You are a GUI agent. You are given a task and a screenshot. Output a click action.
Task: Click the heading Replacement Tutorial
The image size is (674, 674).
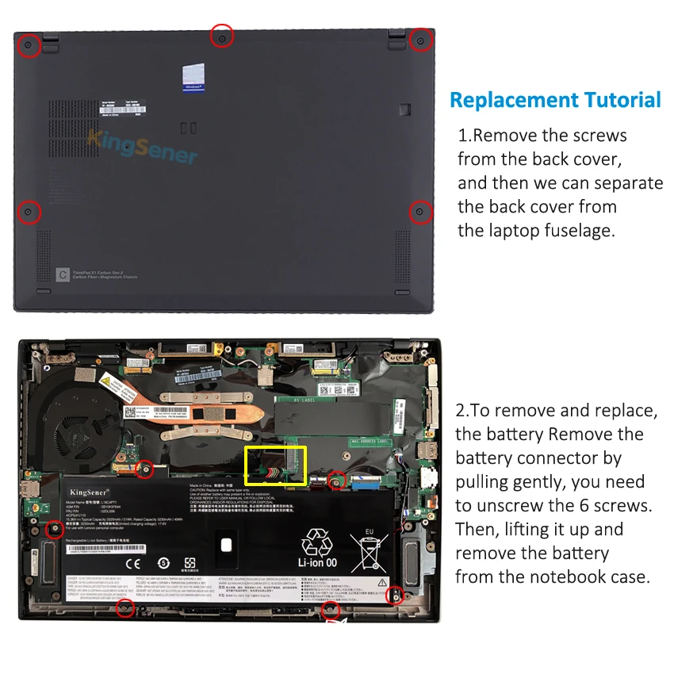tap(555, 100)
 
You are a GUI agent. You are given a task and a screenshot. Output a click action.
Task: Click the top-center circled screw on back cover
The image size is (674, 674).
tap(222, 36)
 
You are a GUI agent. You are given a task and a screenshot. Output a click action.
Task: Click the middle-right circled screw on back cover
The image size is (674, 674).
tap(419, 212)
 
